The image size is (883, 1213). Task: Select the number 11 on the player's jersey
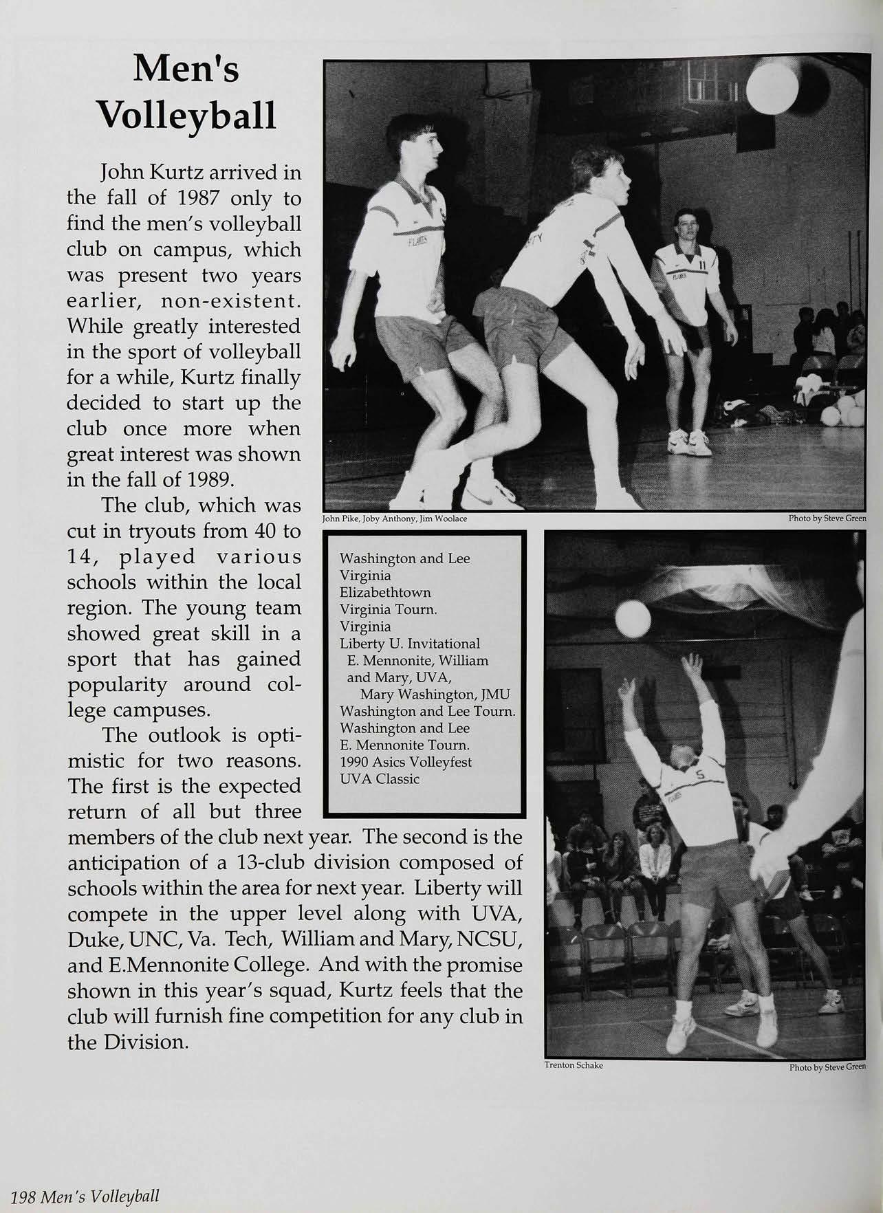[x=701, y=263]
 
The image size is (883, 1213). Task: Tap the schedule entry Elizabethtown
[x=385, y=592]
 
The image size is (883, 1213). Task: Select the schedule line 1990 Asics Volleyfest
[x=406, y=762]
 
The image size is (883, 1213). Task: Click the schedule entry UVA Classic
[x=380, y=779]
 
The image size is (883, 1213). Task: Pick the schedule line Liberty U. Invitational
[x=410, y=644]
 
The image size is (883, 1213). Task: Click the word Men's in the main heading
[x=187, y=69]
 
